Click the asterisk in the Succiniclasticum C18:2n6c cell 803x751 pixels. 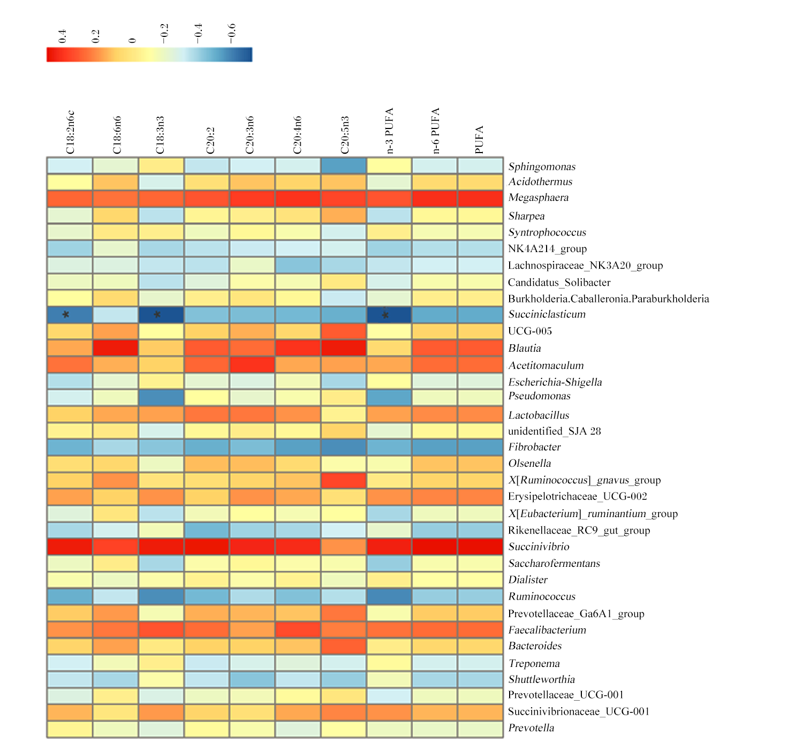65,314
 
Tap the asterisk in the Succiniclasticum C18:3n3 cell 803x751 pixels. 157,314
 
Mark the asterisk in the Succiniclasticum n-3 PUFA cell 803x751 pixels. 385,314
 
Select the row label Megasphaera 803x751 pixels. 538,198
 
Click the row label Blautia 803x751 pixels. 525,348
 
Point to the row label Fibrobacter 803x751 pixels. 534,447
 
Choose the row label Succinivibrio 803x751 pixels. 539,547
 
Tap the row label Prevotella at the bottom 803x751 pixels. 531,728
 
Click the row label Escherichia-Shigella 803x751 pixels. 555,382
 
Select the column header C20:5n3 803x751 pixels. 345,135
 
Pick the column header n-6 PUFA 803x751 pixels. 435,131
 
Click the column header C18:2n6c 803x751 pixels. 70,132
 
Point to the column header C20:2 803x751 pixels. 210,141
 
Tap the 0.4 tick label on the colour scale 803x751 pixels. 62,36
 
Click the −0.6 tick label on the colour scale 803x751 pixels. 231,34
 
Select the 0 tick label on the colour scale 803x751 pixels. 132,41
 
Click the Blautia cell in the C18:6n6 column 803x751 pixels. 116,348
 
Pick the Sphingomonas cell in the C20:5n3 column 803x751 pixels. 344,166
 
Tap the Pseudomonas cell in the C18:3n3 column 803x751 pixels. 161,398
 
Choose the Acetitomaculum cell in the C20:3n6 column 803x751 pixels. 252,365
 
